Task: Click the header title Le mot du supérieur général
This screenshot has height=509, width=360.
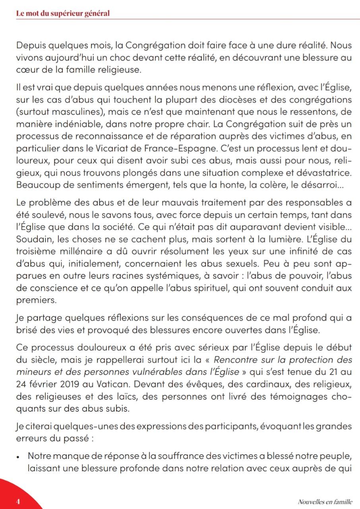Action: tap(63, 13)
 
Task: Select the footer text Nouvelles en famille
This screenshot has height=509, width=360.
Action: tap(325, 501)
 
